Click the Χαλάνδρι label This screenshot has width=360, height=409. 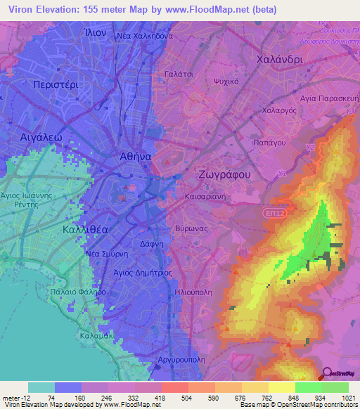pyautogui.click(x=279, y=60)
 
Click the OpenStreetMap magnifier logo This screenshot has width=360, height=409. pyautogui.click(x=328, y=375)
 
